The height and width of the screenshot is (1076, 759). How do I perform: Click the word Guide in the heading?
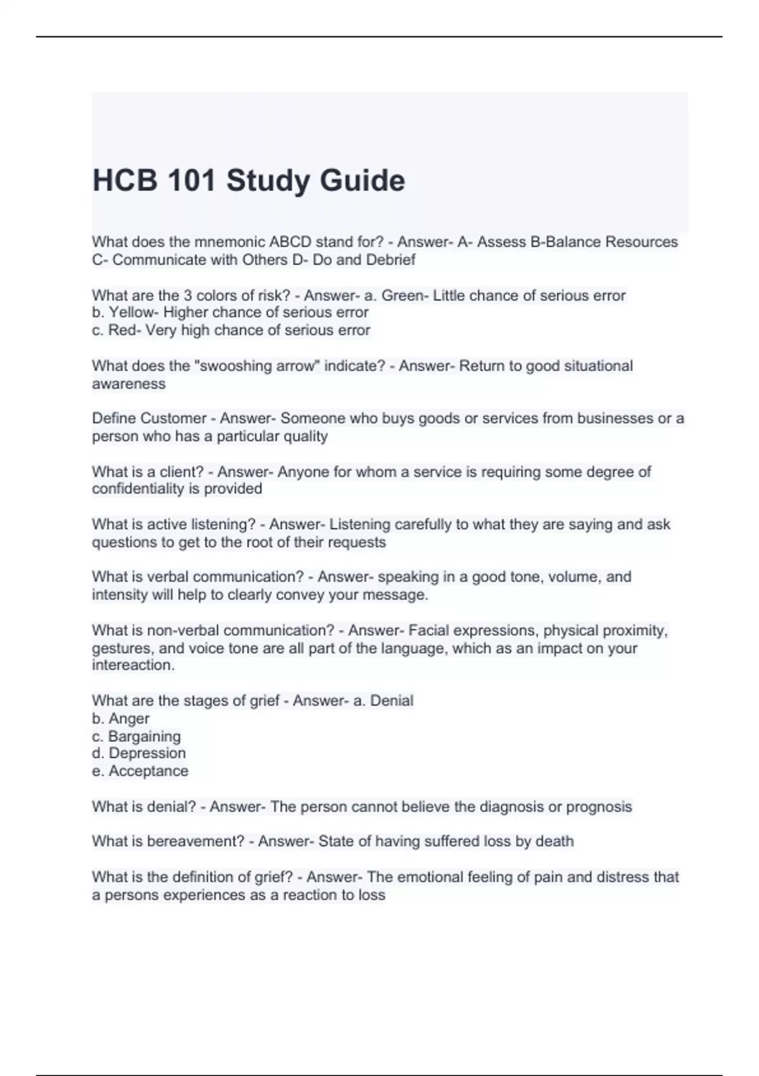click(362, 180)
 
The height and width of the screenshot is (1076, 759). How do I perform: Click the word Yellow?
click(133, 313)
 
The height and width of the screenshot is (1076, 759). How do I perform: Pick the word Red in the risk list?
click(122, 330)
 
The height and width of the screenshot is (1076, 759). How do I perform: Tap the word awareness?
click(128, 384)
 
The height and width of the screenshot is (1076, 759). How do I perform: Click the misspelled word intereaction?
click(133, 665)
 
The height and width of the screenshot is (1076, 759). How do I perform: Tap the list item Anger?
click(129, 718)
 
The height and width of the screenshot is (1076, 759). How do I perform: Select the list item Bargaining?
click(144, 736)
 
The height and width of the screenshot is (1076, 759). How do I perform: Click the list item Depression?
click(147, 753)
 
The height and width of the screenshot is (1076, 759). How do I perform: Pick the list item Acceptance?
click(149, 771)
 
